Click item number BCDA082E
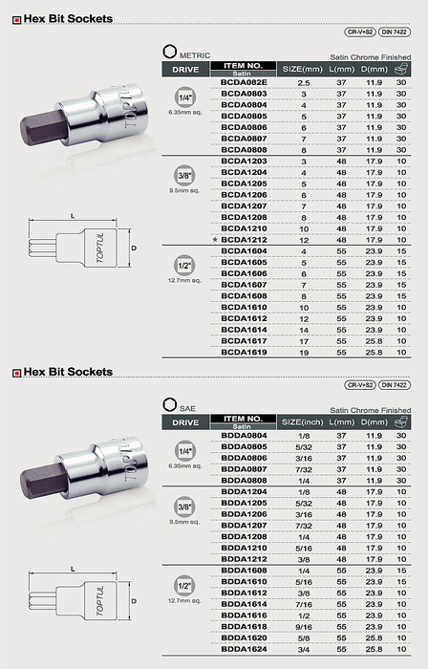pyautogui.click(x=244, y=82)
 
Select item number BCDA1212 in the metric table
pyautogui.click(x=244, y=240)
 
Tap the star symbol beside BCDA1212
pyautogui.click(x=215, y=240)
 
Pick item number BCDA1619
pyautogui.click(x=244, y=352)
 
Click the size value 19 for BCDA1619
pyautogui.click(x=304, y=353)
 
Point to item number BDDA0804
pyautogui.click(x=244, y=436)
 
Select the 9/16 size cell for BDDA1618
pyautogui.click(x=304, y=627)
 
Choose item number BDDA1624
pyautogui.click(x=244, y=649)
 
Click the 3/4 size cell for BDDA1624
pyautogui.click(x=304, y=649)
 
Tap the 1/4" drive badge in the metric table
pyautogui.click(x=185, y=97)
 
